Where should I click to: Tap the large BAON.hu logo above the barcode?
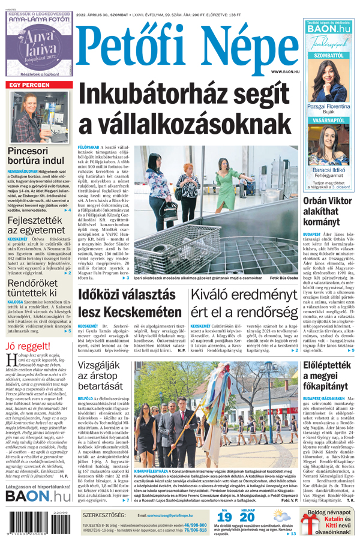click(38, 496)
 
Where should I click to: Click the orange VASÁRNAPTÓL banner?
click(328, 120)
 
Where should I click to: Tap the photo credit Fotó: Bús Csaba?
click(284, 278)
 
